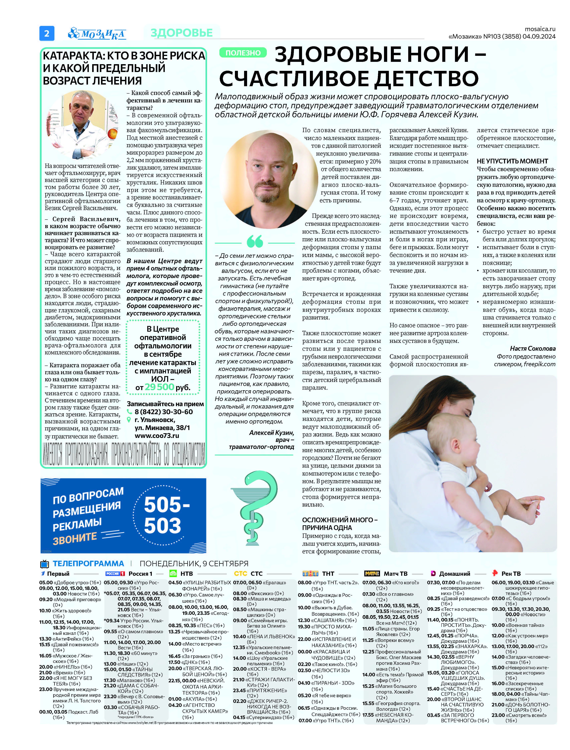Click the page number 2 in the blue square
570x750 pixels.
coord(47,33)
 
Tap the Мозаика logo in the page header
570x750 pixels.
coord(97,34)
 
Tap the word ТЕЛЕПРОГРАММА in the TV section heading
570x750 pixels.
coord(88,564)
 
